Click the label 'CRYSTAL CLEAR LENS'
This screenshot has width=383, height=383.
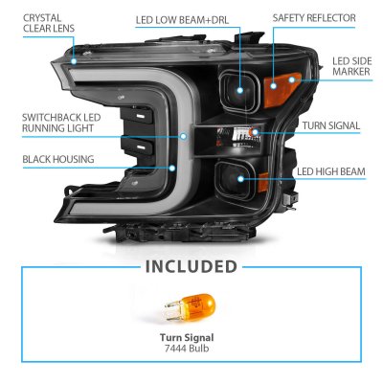click(49, 23)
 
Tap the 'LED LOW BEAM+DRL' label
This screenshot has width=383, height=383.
click(182, 20)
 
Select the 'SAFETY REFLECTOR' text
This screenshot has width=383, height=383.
click(314, 18)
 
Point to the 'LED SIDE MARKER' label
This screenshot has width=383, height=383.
click(351, 66)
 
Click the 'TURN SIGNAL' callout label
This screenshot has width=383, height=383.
click(331, 125)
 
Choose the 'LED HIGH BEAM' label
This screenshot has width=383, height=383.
click(331, 171)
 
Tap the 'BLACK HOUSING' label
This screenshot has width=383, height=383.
click(58, 159)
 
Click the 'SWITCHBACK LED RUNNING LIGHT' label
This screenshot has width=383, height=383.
click(61, 123)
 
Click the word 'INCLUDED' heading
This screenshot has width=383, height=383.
click(191, 267)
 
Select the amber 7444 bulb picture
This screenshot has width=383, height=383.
click(190, 307)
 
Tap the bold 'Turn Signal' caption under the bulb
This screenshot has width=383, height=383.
click(187, 337)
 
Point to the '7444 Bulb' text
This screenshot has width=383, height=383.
click(187, 348)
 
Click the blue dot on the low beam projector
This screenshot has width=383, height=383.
click(240, 90)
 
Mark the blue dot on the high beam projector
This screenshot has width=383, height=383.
click(240, 179)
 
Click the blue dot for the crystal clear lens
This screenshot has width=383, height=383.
click(74, 60)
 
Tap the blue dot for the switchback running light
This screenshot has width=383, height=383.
click(183, 136)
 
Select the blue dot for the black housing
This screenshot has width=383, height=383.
click(172, 168)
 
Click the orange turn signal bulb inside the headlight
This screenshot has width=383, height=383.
click(255, 131)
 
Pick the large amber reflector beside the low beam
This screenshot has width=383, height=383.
click(282, 89)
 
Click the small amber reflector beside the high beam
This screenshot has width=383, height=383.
click(262, 182)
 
